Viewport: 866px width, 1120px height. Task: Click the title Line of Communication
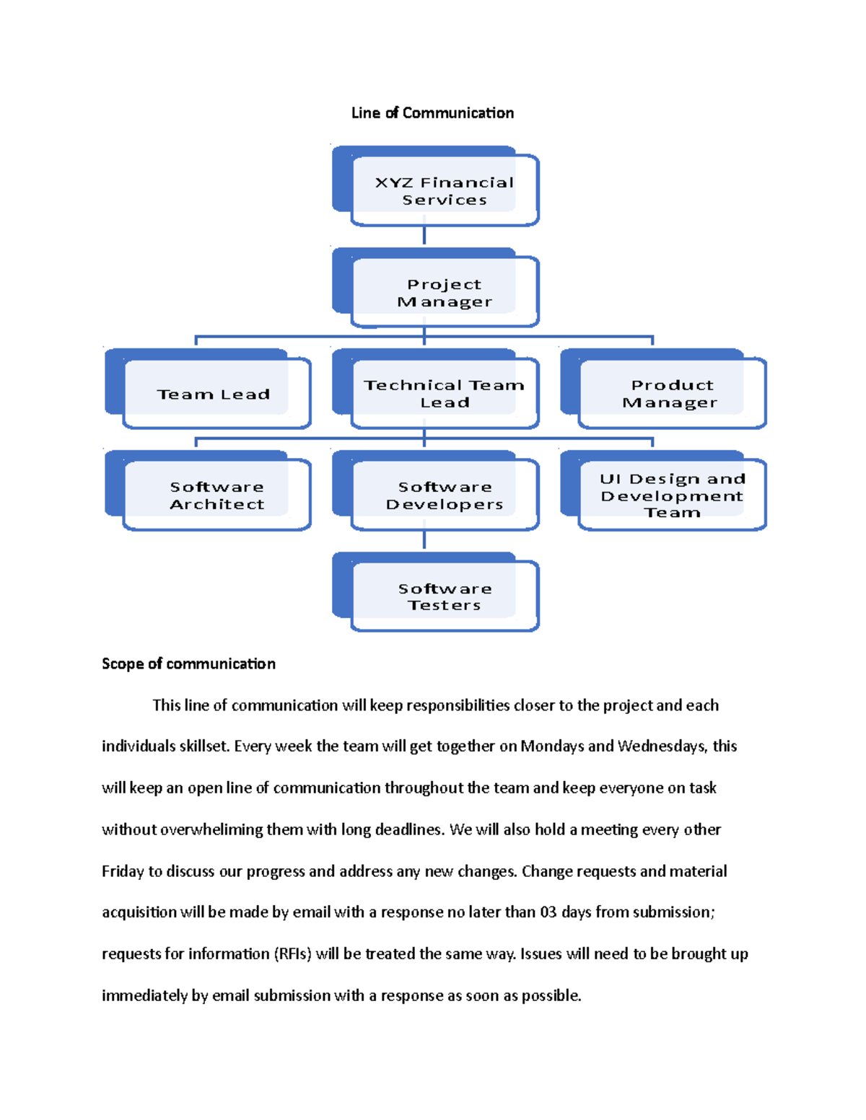[x=432, y=113]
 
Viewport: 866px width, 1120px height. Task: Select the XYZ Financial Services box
[x=444, y=191]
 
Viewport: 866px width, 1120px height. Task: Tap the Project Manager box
[x=444, y=293]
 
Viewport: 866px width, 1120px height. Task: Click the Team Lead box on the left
[x=214, y=394]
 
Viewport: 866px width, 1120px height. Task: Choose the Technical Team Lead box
[x=444, y=394]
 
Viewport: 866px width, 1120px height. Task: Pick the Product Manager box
[x=671, y=394]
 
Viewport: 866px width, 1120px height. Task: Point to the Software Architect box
[x=216, y=495]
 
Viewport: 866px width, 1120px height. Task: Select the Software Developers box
[x=444, y=495]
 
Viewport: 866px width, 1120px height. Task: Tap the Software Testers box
[x=444, y=597]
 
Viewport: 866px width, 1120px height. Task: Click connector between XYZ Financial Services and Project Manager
[x=424, y=236]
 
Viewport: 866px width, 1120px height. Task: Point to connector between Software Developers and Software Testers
[x=424, y=540]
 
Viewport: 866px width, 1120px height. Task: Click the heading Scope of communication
[x=188, y=664]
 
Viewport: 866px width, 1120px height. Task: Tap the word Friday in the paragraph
[x=123, y=871]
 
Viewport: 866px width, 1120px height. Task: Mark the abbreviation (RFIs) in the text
[x=292, y=954]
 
